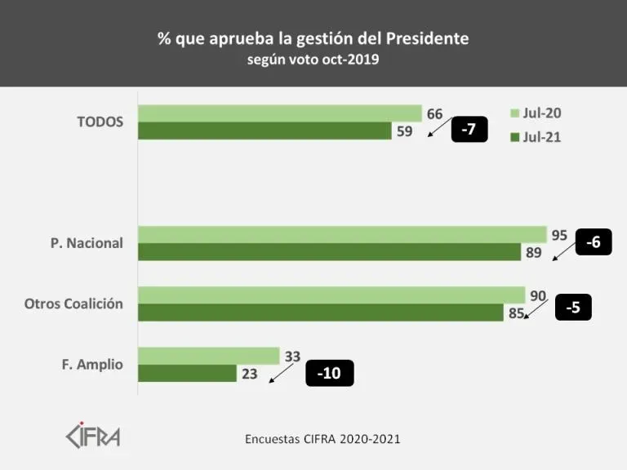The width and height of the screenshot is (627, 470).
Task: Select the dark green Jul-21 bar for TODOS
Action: point(265,131)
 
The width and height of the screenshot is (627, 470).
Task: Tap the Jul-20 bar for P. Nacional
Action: point(342,235)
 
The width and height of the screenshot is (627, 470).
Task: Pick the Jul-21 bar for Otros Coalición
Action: point(321,313)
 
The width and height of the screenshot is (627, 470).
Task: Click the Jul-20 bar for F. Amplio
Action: point(209,356)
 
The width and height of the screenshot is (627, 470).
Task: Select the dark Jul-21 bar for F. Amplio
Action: point(187,373)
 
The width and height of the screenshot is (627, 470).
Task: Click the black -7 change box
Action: point(469,129)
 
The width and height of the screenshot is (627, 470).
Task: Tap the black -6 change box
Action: point(594,242)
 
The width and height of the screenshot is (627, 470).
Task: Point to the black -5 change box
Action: point(572,307)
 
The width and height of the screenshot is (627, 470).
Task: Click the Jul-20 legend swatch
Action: point(515,113)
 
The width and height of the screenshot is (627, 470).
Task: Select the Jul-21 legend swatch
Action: point(515,137)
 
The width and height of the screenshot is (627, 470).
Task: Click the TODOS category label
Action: point(100,122)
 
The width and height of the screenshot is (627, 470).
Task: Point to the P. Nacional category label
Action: point(86,243)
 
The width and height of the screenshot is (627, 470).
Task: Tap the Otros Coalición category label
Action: point(73,304)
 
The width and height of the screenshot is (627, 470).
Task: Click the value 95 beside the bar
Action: point(559,235)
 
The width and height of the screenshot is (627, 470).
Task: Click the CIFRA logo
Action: point(92,434)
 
